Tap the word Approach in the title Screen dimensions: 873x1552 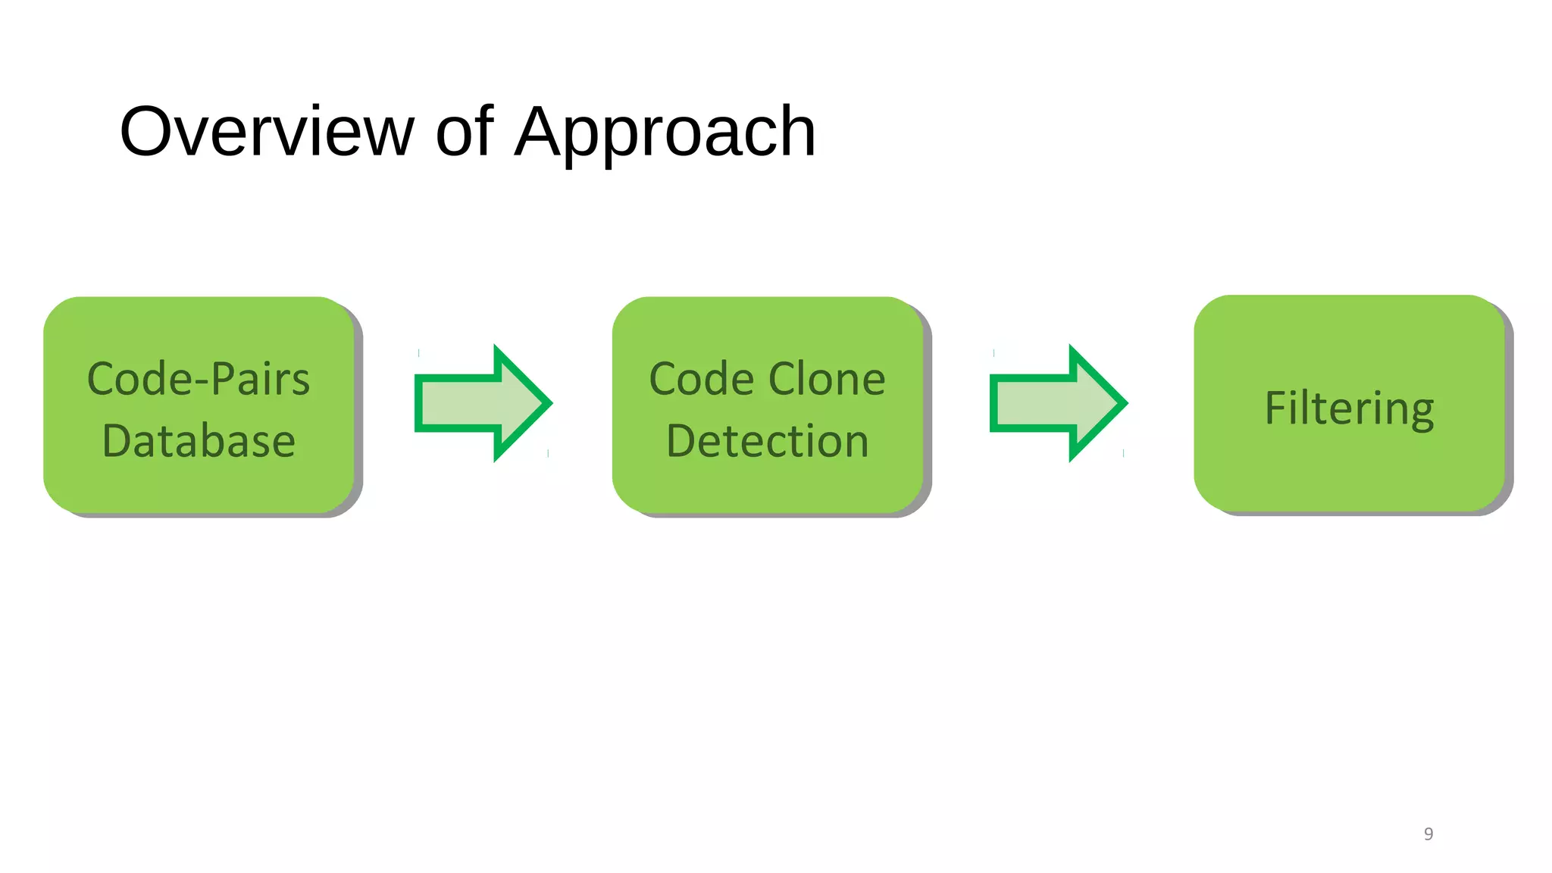(x=665, y=133)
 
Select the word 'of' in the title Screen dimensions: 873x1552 (x=465, y=132)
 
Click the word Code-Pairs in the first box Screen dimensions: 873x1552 (x=199, y=379)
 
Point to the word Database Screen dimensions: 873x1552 (x=199, y=441)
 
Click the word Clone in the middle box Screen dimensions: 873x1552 (x=827, y=379)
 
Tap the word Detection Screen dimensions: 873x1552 (x=767, y=441)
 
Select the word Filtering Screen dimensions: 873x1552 (x=1349, y=409)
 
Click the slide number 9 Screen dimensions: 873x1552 (x=1428, y=834)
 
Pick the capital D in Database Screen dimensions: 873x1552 (x=118, y=441)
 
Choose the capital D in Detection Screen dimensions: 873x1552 (x=683, y=441)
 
